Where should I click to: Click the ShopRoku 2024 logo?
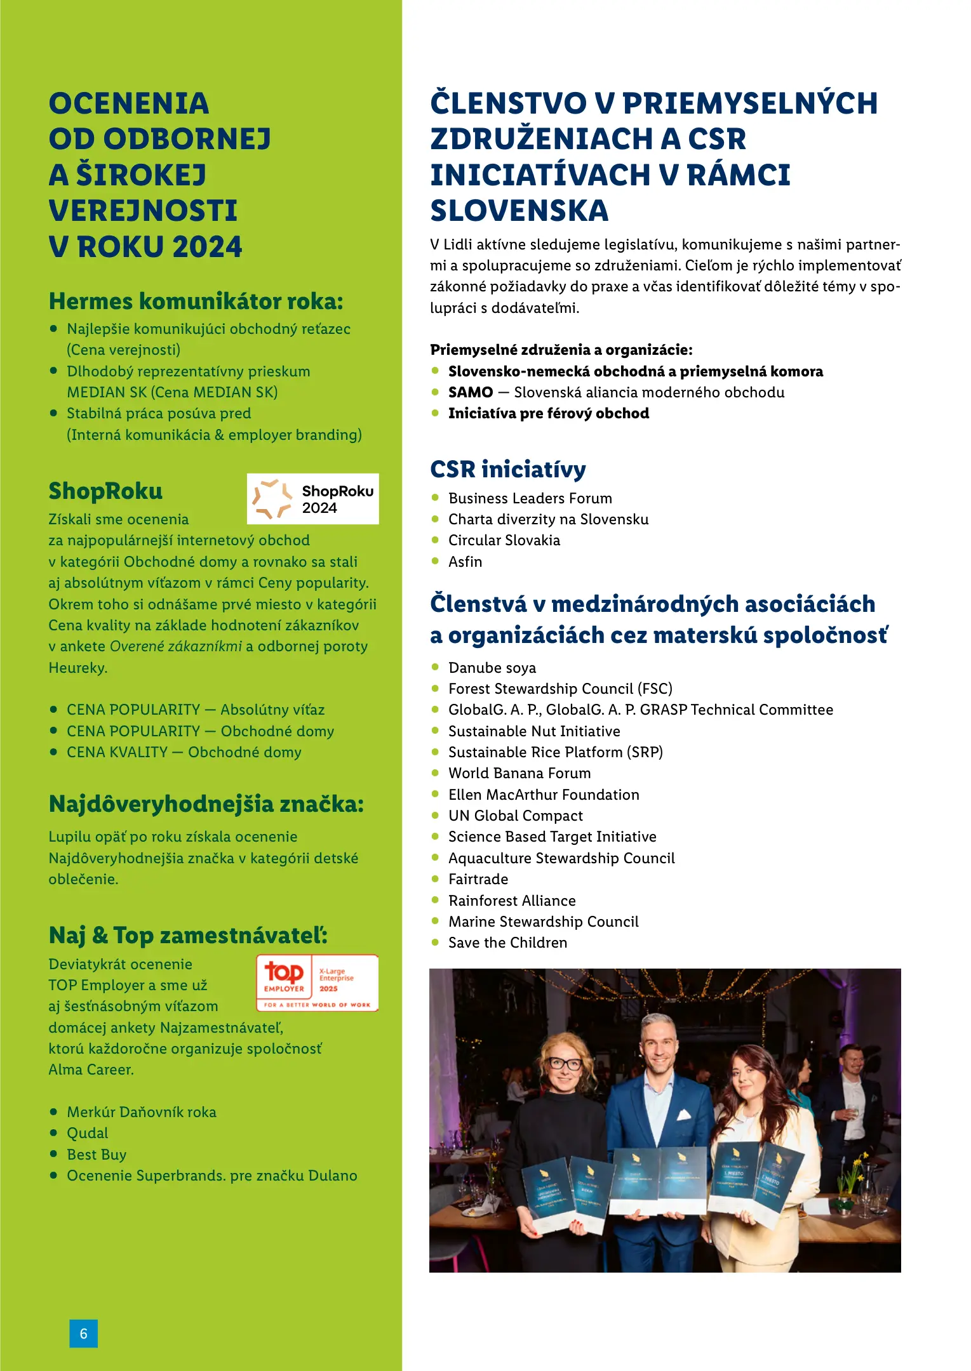(312, 499)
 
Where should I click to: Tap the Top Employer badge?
(317, 983)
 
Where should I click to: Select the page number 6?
(83, 1334)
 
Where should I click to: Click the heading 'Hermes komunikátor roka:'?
(196, 301)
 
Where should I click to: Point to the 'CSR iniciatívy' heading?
(507, 469)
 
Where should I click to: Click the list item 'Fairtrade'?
(478, 879)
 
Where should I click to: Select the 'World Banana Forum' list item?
(519, 773)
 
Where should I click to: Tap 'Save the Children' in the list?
(507, 943)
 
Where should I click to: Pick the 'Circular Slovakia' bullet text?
(504, 540)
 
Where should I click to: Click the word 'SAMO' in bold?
(470, 392)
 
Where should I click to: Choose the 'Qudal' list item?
(88, 1133)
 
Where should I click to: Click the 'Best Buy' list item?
(97, 1155)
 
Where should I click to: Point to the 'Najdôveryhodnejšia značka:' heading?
(206, 804)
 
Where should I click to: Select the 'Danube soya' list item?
(492, 668)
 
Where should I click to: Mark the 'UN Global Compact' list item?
(515, 816)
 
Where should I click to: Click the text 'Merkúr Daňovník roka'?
(141, 1112)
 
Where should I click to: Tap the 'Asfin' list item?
(465, 562)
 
